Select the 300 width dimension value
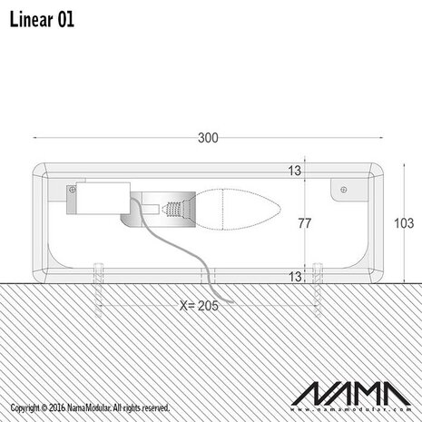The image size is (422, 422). [x=208, y=138]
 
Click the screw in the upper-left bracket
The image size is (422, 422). [x=71, y=190]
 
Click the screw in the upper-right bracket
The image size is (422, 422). [x=342, y=190]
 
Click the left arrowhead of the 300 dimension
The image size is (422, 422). [x=36, y=138]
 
